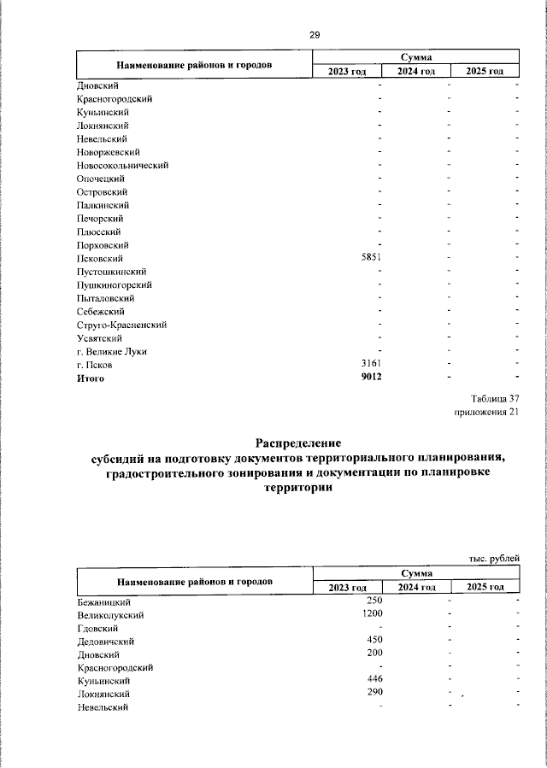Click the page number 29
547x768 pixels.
(x=314, y=35)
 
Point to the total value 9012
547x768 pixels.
(x=370, y=378)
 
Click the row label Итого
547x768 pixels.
(x=91, y=378)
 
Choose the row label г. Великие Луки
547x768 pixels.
(x=110, y=352)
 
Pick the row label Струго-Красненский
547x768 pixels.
(x=121, y=325)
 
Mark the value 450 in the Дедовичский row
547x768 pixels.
(x=373, y=641)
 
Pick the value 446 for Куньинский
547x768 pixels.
(x=373, y=680)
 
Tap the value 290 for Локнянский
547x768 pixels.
(x=373, y=694)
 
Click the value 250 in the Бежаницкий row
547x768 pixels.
(x=373, y=601)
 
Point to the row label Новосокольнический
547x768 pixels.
(x=122, y=165)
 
